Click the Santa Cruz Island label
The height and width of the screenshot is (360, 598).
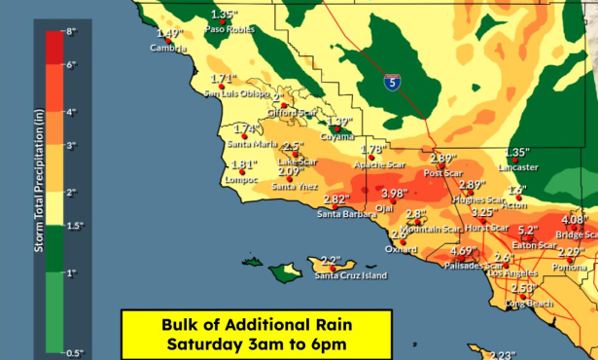coord(351,276)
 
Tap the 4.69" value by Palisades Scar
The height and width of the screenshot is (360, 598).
coord(462,250)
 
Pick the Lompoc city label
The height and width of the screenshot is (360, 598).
coord(241,180)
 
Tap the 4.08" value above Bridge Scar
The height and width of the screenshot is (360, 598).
coord(575,219)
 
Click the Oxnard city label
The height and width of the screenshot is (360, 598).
coord(401,249)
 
